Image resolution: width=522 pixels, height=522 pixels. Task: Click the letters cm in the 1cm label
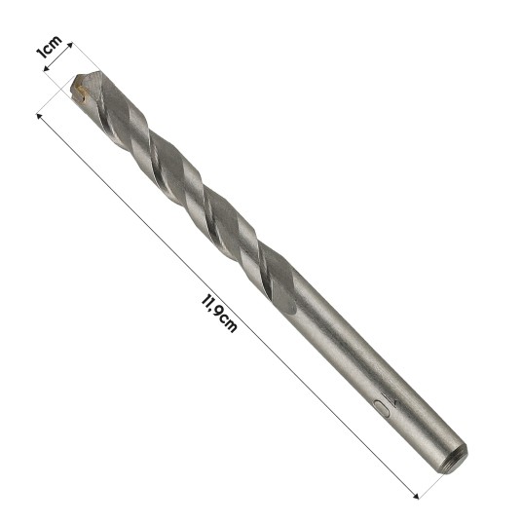[x=52, y=44]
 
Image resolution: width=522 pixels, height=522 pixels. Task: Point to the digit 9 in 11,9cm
[x=218, y=313]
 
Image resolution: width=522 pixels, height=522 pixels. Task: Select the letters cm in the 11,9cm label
[x=228, y=323]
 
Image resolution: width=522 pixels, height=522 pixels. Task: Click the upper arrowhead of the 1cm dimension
[x=70, y=45]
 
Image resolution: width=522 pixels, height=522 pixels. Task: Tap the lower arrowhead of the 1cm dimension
[x=47, y=68]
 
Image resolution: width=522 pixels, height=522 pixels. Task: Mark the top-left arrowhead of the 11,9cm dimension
[x=39, y=116]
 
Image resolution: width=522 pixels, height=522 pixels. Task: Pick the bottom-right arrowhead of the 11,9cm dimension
[x=416, y=497]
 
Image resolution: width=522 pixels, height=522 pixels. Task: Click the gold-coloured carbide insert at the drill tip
[x=81, y=91]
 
